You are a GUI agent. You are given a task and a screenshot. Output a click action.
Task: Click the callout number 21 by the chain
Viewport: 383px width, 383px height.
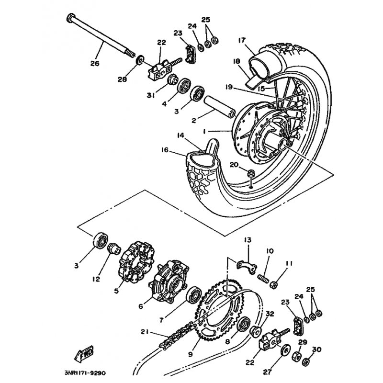click(x=145, y=332)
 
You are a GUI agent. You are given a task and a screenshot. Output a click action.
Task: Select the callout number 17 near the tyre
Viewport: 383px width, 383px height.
click(x=240, y=40)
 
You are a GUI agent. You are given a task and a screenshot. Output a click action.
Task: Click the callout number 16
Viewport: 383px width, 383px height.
click(x=165, y=150)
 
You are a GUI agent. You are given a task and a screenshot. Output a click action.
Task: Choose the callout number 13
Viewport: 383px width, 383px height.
click(x=247, y=239)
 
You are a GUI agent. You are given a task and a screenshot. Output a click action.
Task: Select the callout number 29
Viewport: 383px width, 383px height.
click(x=302, y=342)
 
